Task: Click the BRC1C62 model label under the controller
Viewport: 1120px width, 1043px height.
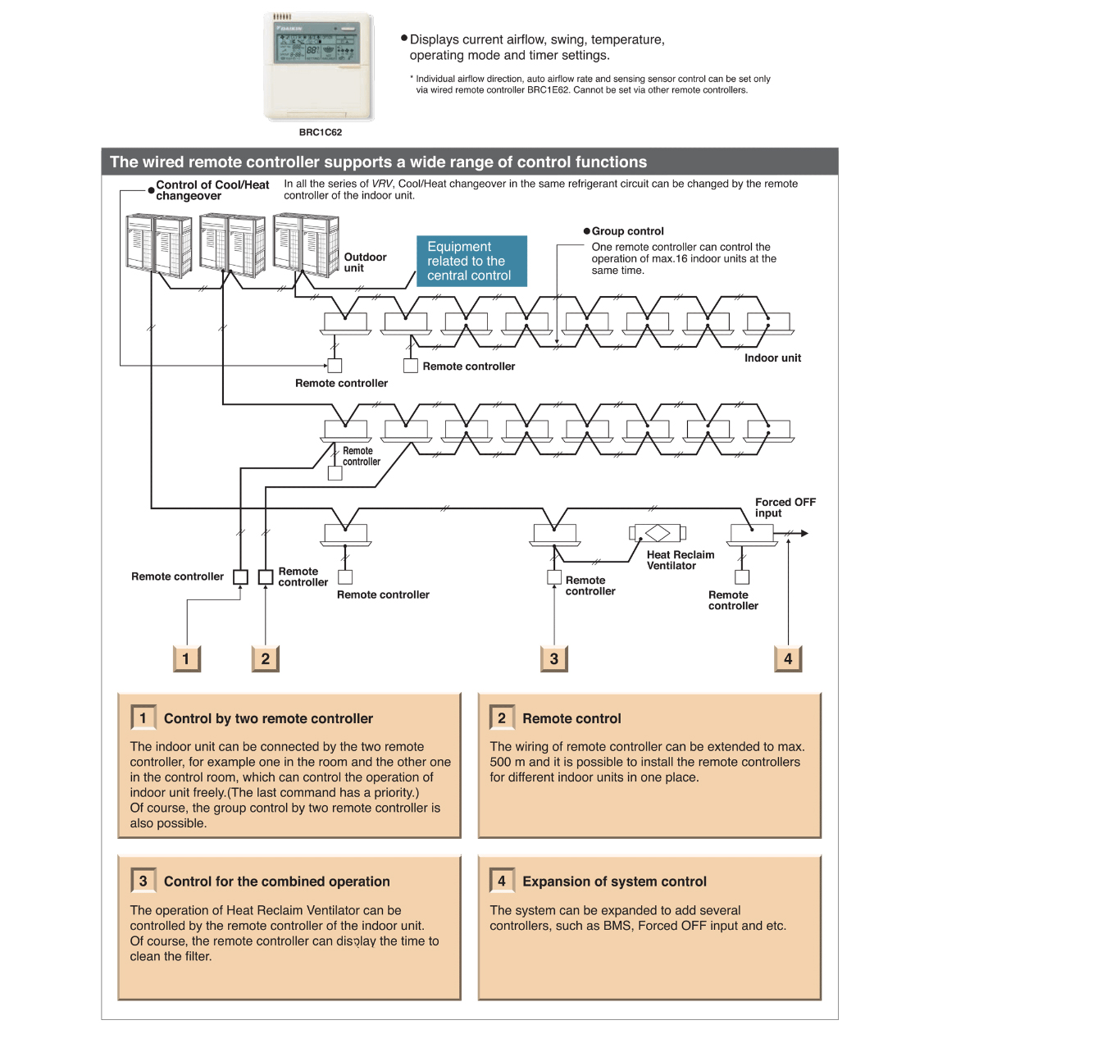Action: pos(320,132)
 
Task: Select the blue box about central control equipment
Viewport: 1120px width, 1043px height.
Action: pos(471,261)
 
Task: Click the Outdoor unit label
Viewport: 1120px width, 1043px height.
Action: pos(365,262)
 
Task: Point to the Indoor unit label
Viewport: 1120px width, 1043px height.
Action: pos(772,358)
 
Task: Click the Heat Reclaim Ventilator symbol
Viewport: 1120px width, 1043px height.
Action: pos(657,533)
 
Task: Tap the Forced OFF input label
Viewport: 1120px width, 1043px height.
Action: pos(785,508)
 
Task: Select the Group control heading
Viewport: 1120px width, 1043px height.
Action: pos(627,231)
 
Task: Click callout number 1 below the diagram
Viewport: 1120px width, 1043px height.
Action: pos(186,658)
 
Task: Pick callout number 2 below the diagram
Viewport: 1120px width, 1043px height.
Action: pos(265,658)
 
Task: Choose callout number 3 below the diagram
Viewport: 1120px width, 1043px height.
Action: pos(554,658)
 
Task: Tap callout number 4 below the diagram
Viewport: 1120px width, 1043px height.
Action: pos(788,658)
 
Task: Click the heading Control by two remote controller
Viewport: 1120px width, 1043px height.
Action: pos(268,719)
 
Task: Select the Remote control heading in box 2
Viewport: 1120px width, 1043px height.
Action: pos(571,719)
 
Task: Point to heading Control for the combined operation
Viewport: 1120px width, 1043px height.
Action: pos(276,882)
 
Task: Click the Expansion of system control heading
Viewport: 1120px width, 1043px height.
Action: pos(614,882)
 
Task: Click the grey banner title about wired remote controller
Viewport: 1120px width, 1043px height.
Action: pos(378,162)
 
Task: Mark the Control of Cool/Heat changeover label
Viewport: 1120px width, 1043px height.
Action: pos(212,190)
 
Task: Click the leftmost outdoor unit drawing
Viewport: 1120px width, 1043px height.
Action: pos(158,244)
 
